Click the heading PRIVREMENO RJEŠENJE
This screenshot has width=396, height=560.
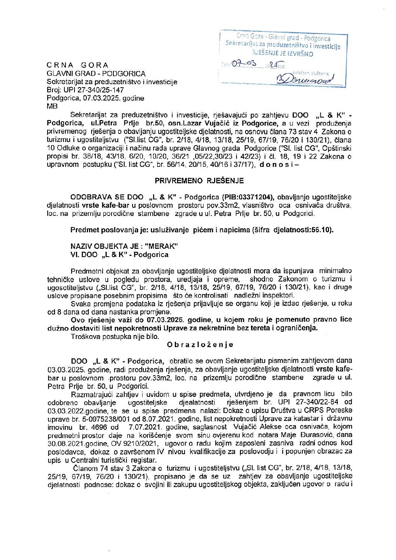pos(199,181)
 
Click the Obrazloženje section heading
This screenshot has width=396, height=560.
pos(200,345)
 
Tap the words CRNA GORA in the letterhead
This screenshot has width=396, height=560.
pos(77,65)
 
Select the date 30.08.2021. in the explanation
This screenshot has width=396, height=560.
pos(66,443)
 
